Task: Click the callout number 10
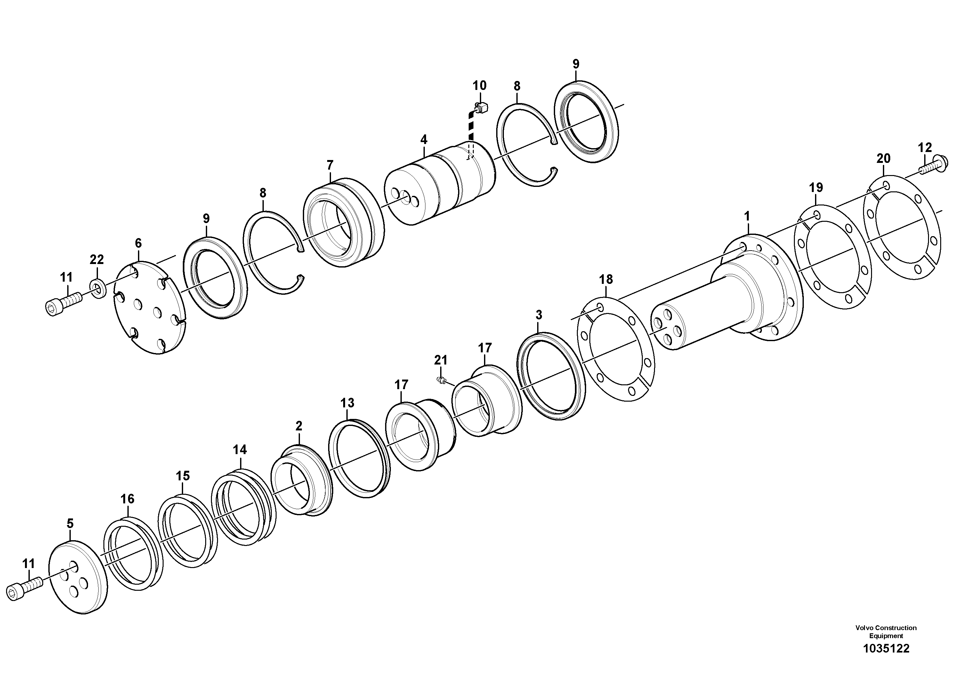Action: pyautogui.click(x=480, y=86)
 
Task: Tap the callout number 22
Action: pyautogui.click(x=97, y=260)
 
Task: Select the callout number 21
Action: pyautogui.click(x=441, y=360)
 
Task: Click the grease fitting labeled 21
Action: pyautogui.click(x=442, y=379)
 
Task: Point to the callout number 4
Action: pyautogui.click(x=424, y=140)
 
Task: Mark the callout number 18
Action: pyautogui.click(x=606, y=280)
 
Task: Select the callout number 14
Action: pyautogui.click(x=239, y=450)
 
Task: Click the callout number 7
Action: pyautogui.click(x=330, y=165)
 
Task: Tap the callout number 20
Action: pyautogui.click(x=883, y=158)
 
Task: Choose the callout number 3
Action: pyautogui.click(x=539, y=315)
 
